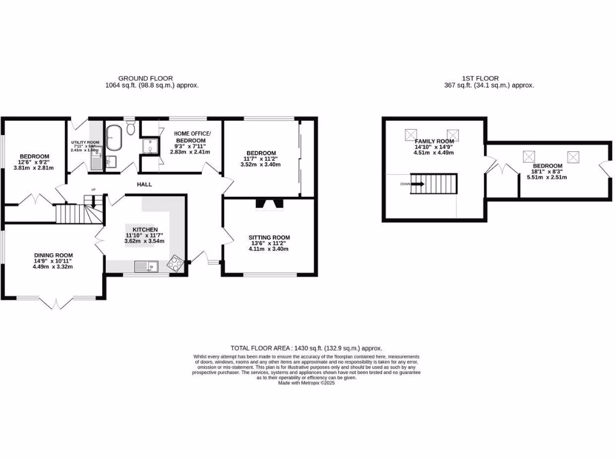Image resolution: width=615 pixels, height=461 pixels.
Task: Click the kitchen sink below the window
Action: pyautogui.click(x=145, y=266)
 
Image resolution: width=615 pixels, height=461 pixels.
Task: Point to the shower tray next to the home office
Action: pyautogui.click(x=147, y=144)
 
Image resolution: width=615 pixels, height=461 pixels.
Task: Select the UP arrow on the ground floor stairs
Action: pyautogui.click(x=93, y=202)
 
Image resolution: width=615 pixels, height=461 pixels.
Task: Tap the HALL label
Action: pyautogui.click(x=144, y=184)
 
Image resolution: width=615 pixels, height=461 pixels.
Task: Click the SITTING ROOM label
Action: pyautogui.click(x=269, y=237)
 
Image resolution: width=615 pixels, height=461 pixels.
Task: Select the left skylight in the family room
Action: pyautogui.click(x=411, y=133)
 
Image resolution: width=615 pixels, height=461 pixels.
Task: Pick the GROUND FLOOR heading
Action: pyautogui.click(x=145, y=78)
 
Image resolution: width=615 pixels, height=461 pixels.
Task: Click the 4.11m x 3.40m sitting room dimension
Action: pyautogui.click(x=269, y=249)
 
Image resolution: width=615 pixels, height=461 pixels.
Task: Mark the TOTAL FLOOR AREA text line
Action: pyautogui.click(x=306, y=348)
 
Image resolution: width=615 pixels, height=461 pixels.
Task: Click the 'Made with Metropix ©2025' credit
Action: pyautogui.click(x=306, y=383)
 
